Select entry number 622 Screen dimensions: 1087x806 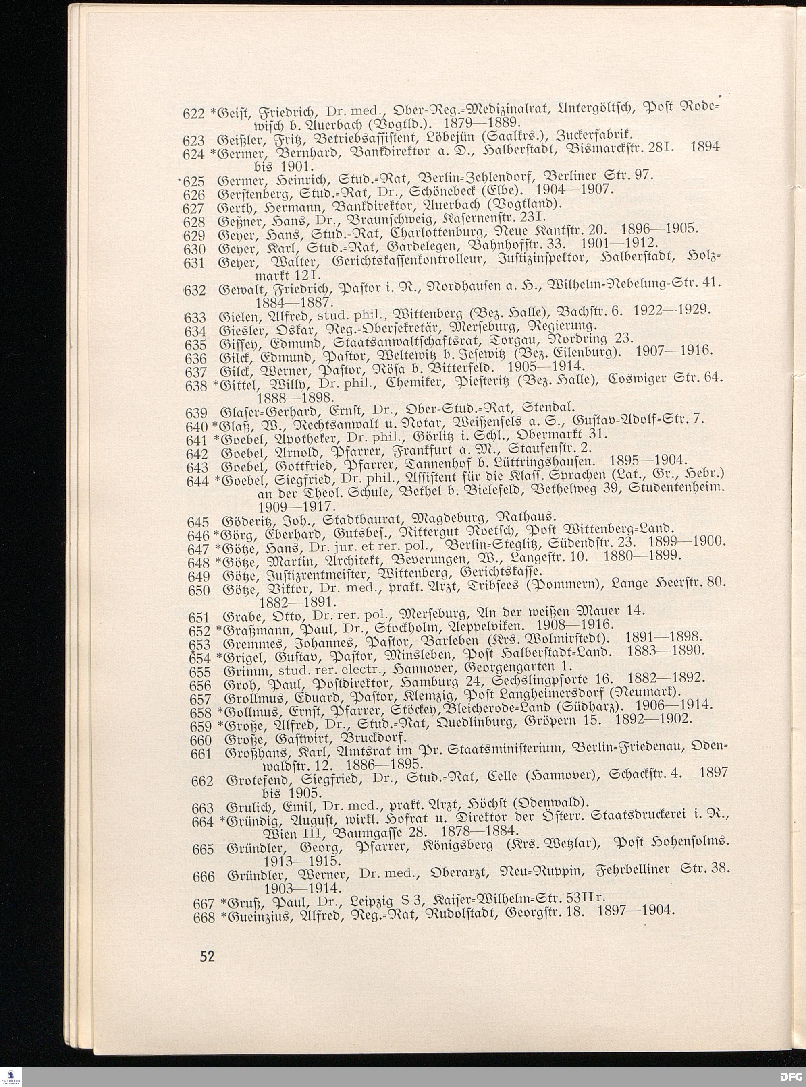pos(194,114)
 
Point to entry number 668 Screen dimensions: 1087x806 pos(204,918)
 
